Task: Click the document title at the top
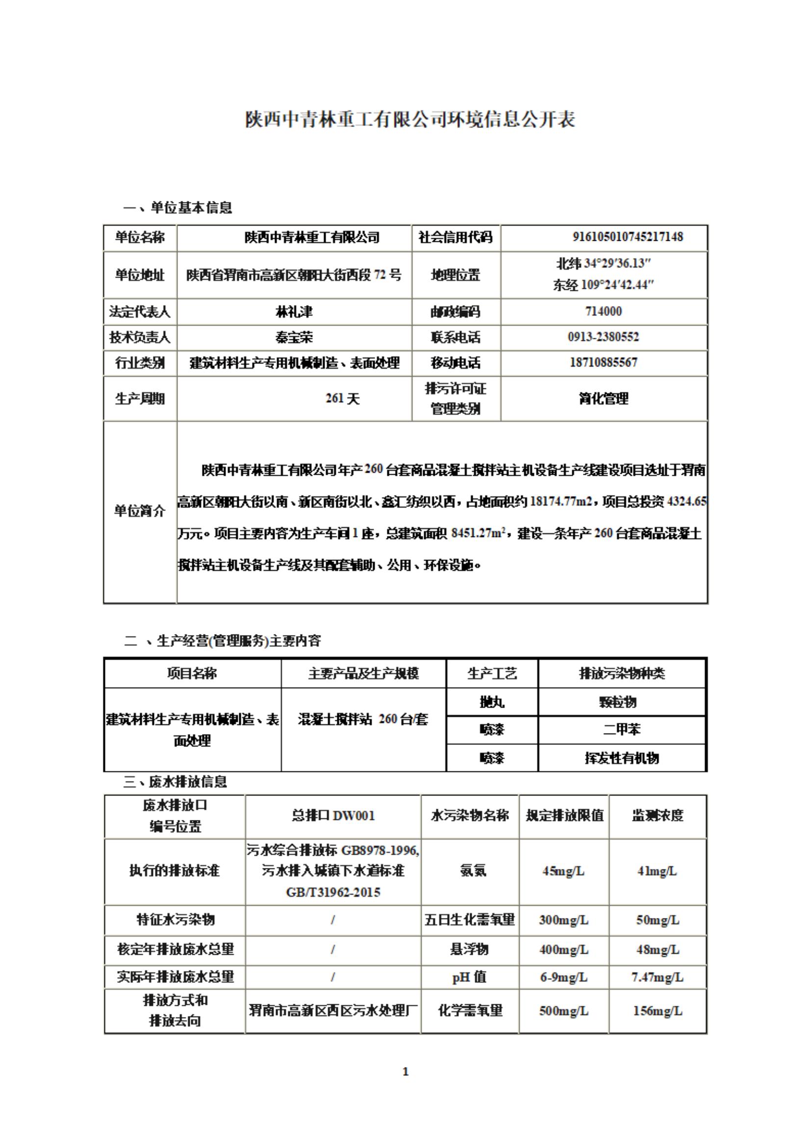410,120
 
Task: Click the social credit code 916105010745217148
627,236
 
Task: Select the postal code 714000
604,311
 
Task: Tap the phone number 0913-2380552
604,337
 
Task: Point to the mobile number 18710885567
604,362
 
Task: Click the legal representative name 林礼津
294,312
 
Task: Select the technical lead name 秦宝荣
294,337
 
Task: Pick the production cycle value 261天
342,398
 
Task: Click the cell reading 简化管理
604,398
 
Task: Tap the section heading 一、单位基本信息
177,207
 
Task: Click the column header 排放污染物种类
621,673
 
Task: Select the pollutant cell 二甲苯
621,729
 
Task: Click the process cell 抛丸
492,702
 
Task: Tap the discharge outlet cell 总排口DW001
333,815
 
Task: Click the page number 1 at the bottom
405,1071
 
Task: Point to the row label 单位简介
140,511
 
